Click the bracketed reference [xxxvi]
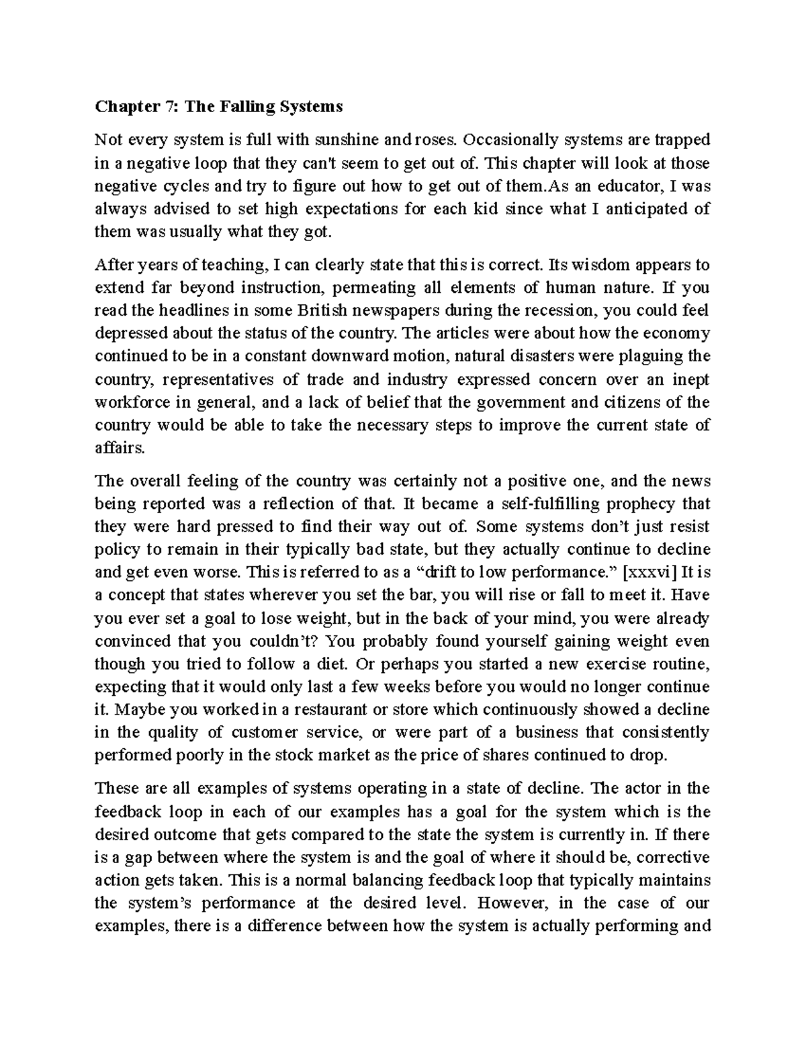coord(652,572)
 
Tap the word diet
coord(330,664)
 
